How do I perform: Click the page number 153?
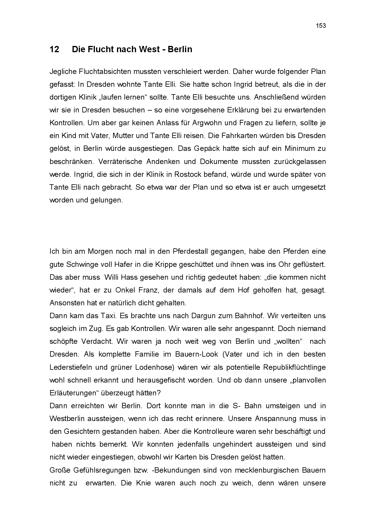tap(321, 26)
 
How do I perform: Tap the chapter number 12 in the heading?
tap(54, 49)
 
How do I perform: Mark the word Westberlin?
tap(67, 418)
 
